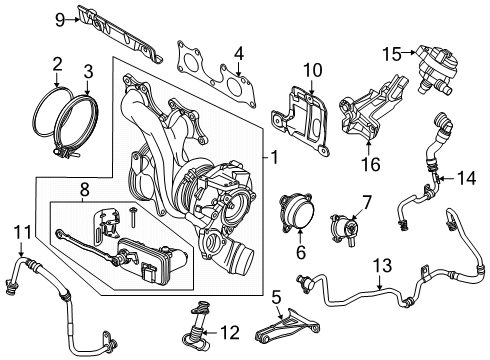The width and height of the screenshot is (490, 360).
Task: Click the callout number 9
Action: tap(60, 20)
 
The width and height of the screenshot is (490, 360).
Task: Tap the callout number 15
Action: tap(392, 54)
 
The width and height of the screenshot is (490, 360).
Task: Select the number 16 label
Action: tap(370, 164)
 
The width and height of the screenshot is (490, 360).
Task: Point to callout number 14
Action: tap(466, 178)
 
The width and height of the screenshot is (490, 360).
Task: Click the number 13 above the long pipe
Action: tap(382, 266)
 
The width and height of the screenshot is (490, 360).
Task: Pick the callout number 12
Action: tap(230, 333)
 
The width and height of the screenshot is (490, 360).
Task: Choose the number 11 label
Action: tap(22, 232)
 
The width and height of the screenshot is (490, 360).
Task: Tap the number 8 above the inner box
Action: tap(84, 190)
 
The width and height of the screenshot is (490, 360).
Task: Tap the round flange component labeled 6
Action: tap(297, 212)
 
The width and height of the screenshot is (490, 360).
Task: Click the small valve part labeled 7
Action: tap(343, 230)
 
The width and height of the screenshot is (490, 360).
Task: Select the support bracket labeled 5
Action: tap(287, 328)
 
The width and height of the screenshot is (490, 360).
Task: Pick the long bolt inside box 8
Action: tap(134, 217)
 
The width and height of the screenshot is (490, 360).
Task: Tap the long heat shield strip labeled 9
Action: tap(120, 35)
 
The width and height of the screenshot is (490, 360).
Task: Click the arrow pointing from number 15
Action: tap(408, 52)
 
